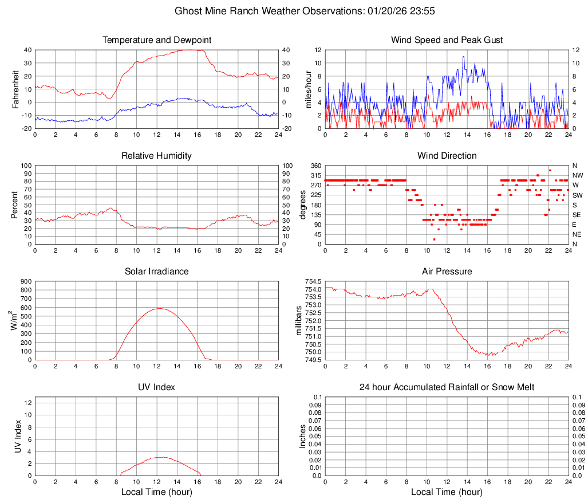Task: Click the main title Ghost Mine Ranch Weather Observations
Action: (x=307, y=11)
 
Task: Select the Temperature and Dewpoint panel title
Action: (x=157, y=40)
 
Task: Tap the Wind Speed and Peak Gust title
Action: (x=447, y=40)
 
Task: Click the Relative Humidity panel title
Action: (x=157, y=156)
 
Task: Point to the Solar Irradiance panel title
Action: (x=157, y=272)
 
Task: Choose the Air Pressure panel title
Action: (x=447, y=272)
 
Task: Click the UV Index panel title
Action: (x=157, y=387)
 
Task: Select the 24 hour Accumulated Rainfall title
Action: (x=447, y=387)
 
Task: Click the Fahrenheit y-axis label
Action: (x=16, y=89)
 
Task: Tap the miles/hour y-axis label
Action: (x=308, y=89)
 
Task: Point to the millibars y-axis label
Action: (x=298, y=320)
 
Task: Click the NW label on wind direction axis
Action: (x=578, y=175)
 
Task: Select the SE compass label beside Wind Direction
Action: (x=577, y=215)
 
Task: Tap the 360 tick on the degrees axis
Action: (x=315, y=166)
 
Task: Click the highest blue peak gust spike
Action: (x=464, y=56)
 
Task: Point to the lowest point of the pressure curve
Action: (x=487, y=355)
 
